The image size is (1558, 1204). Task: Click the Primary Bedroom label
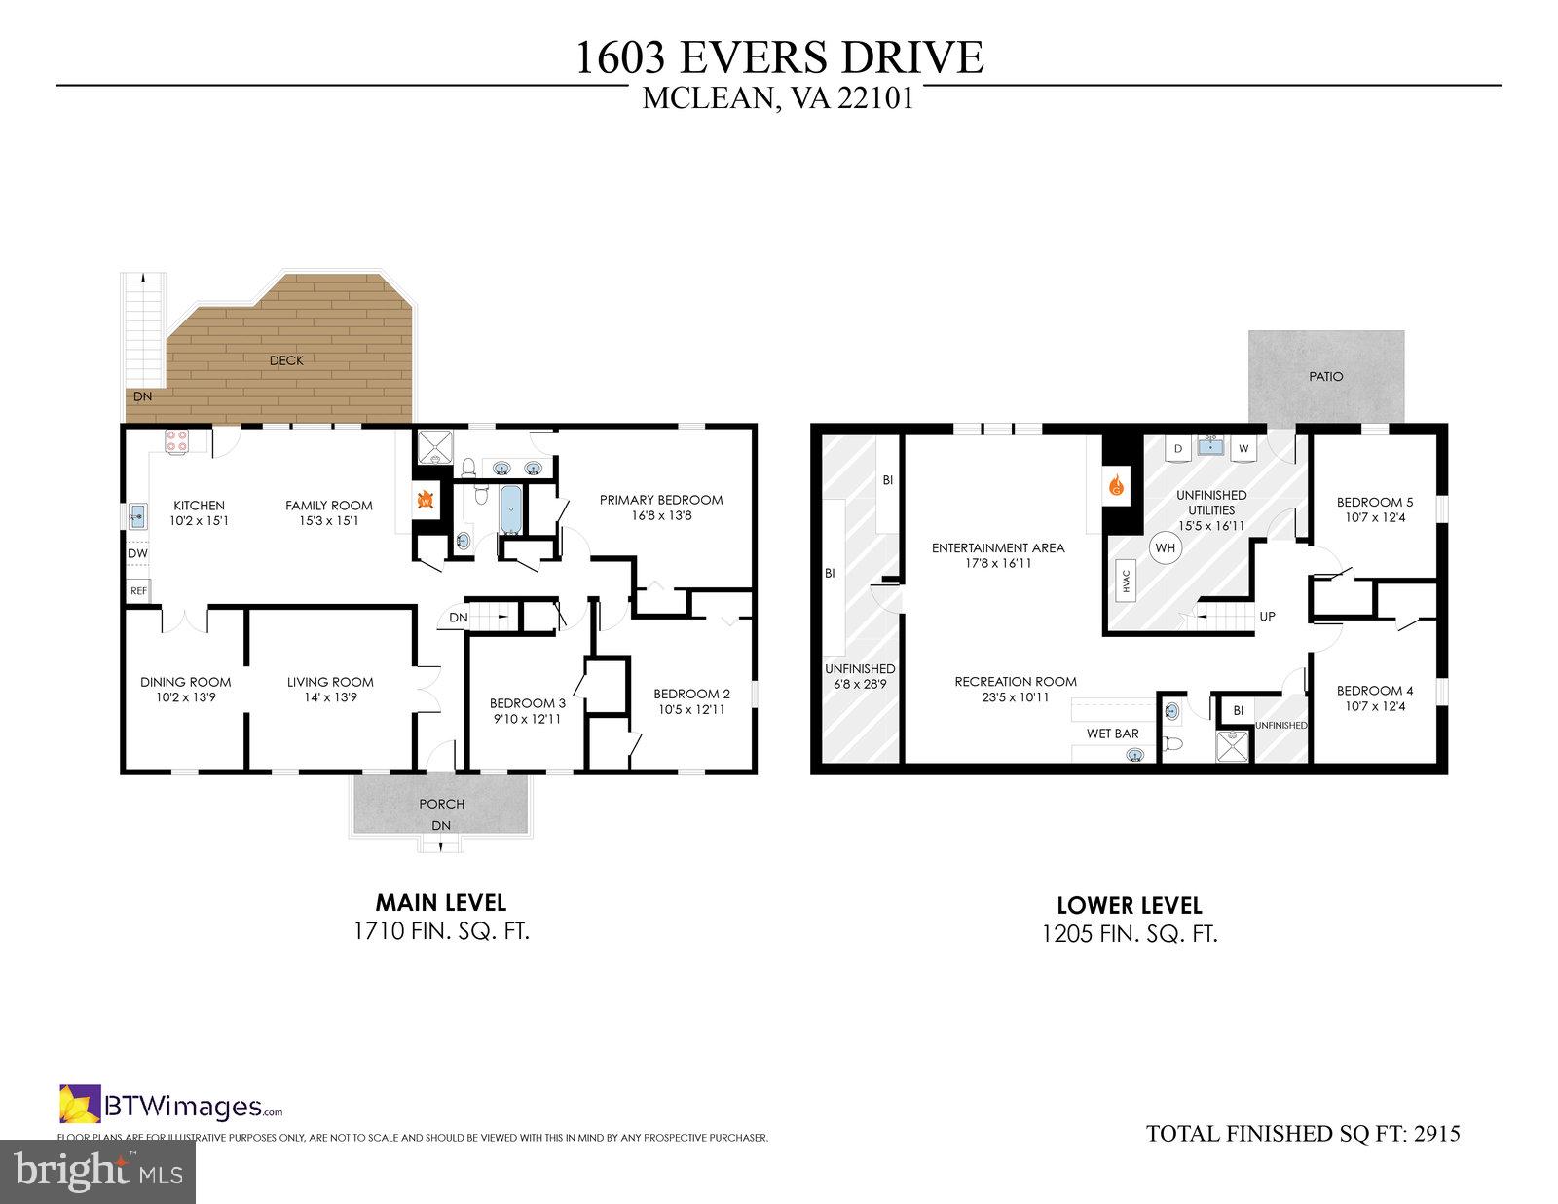pos(660,500)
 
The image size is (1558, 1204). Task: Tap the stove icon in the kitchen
pos(176,441)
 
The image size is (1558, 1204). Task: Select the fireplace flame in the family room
pos(425,500)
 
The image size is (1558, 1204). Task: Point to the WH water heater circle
pos(1165,547)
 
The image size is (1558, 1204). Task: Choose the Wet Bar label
pos(1112,734)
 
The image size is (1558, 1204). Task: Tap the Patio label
pos(1325,376)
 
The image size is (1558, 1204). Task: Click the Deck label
pos(286,360)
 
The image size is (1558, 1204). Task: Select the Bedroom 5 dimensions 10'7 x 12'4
pos(1374,517)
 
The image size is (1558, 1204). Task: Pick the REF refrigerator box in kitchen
pos(138,590)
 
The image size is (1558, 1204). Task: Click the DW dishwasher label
pos(137,553)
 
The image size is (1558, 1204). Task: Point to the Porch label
pos(441,804)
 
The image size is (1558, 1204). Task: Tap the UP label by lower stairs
pos(1267,617)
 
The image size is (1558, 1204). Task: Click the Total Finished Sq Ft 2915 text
pos(1303,1133)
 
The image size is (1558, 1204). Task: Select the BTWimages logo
pos(171,1106)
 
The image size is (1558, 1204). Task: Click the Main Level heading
pos(440,903)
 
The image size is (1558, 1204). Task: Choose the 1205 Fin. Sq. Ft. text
pos(1129,934)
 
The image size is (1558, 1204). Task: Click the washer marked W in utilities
pos(1243,449)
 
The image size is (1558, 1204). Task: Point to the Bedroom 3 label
pos(527,703)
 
